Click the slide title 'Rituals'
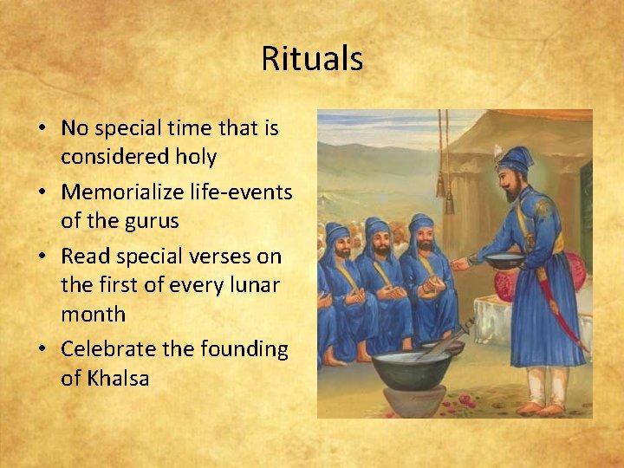[x=312, y=59]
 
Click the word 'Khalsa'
[x=117, y=378]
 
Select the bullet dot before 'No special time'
[x=42, y=129]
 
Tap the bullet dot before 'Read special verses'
[x=42, y=257]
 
